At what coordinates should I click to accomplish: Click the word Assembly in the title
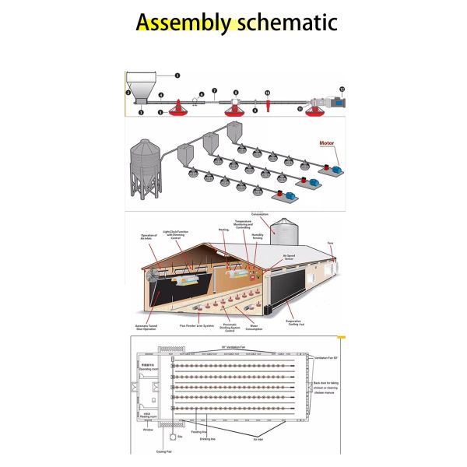pyautogui.click(x=183, y=23)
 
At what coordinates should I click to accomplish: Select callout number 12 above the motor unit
pyautogui.click(x=342, y=90)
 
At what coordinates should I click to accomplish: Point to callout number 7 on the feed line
pyautogui.click(x=215, y=91)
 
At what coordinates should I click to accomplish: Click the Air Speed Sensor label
pyautogui.click(x=289, y=255)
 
